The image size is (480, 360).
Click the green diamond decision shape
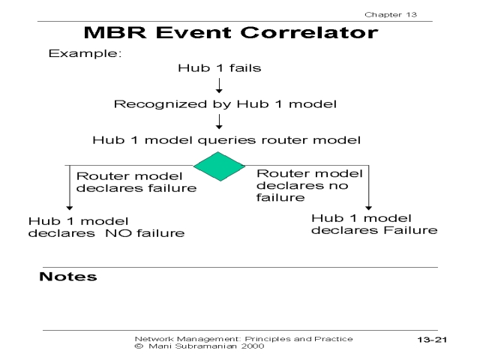[219, 166]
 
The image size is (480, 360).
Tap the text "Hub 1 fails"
[219, 68]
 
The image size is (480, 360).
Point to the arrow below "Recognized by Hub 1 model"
[219, 121]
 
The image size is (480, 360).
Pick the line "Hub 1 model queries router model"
[226, 140]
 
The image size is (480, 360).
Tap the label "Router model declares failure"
[136, 181]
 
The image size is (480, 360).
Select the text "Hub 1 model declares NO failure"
[106, 226]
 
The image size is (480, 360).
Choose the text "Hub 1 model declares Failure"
[373, 224]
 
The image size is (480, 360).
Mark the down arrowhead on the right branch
[369, 205]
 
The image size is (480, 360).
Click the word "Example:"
[85, 54]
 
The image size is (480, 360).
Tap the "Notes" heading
[67, 277]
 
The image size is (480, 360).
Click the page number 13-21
[432, 340]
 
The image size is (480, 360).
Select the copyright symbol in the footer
[138, 346]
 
